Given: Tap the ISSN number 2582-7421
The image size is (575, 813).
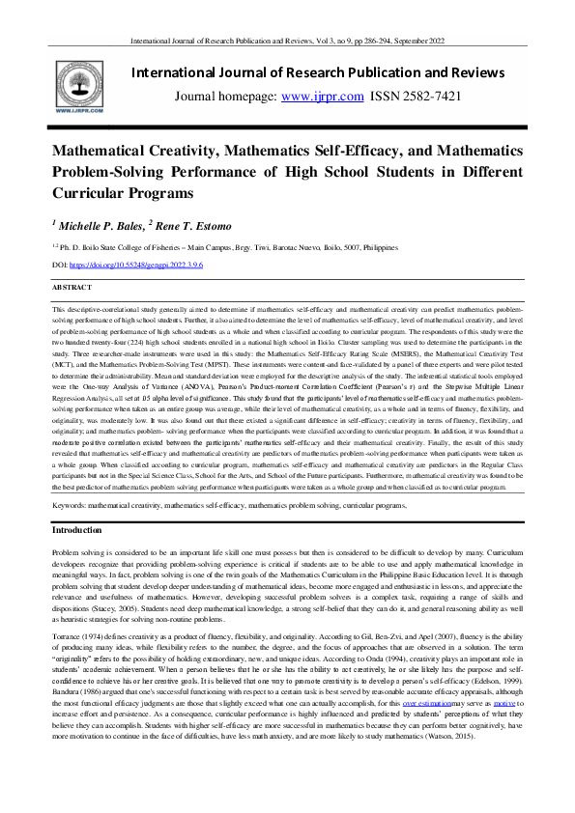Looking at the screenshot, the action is click(x=435, y=97).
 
